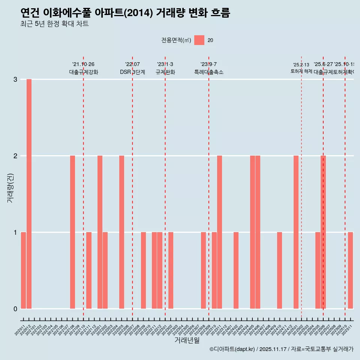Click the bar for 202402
click(x=236, y=270)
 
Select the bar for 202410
click(x=279, y=270)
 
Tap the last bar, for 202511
click(x=350, y=270)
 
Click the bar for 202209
click(x=143, y=270)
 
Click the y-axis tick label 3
click(x=15, y=79)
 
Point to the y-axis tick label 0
click(x=15, y=309)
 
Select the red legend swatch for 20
click(x=199, y=40)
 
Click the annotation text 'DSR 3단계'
click(x=132, y=72)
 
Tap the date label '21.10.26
click(x=83, y=64)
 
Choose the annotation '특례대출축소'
click(x=209, y=72)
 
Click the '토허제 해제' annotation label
click(x=301, y=71)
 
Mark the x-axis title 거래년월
click(x=187, y=340)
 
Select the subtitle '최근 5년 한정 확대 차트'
click(x=55, y=24)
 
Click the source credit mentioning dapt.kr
click(x=281, y=349)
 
